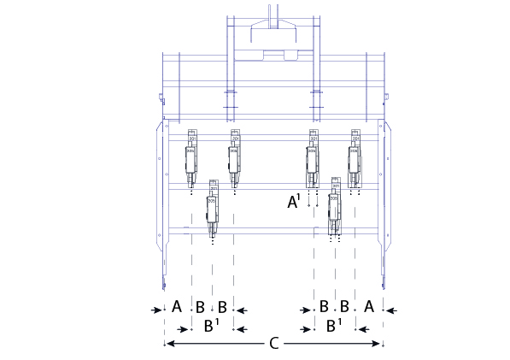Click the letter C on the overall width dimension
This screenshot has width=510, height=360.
pyautogui.click(x=274, y=343)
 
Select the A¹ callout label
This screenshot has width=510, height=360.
pyautogui.click(x=294, y=202)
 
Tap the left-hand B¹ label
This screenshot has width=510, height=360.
pyautogui.click(x=211, y=326)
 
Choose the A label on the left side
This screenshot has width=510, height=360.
pyautogui.click(x=177, y=307)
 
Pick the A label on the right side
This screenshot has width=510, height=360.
pyautogui.click(x=369, y=307)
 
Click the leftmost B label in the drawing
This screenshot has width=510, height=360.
pyautogui.click(x=200, y=307)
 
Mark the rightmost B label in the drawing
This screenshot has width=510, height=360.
pyautogui.click(x=344, y=307)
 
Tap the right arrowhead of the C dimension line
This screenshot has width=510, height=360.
pyautogui.click(x=376, y=344)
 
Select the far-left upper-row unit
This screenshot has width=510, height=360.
pyautogui.click(x=191, y=158)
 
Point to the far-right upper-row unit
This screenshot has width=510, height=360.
pyautogui.click(x=355, y=158)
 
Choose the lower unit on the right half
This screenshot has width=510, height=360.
pyautogui.click(x=335, y=206)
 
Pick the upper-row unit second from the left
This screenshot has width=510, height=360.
pyautogui.click(x=235, y=158)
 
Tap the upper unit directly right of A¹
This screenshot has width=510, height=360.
pyautogui.click(x=313, y=158)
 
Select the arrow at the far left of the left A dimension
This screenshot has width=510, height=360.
pyautogui.click(x=156, y=310)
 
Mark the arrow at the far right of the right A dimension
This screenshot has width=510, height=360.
pyautogui.click(x=391, y=311)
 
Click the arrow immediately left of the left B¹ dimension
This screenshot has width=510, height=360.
pyautogui.click(x=183, y=329)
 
